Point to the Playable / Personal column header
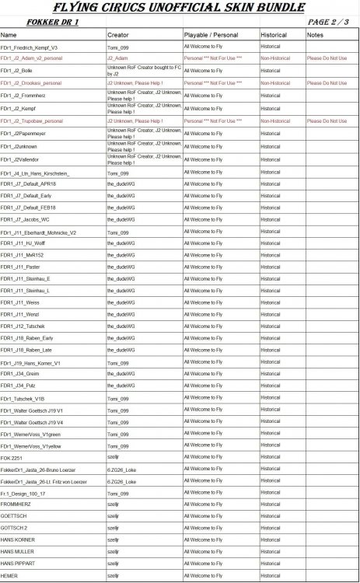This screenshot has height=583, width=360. pyautogui.click(x=211, y=36)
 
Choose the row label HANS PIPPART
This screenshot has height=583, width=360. pyautogui.click(x=18, y=563)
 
